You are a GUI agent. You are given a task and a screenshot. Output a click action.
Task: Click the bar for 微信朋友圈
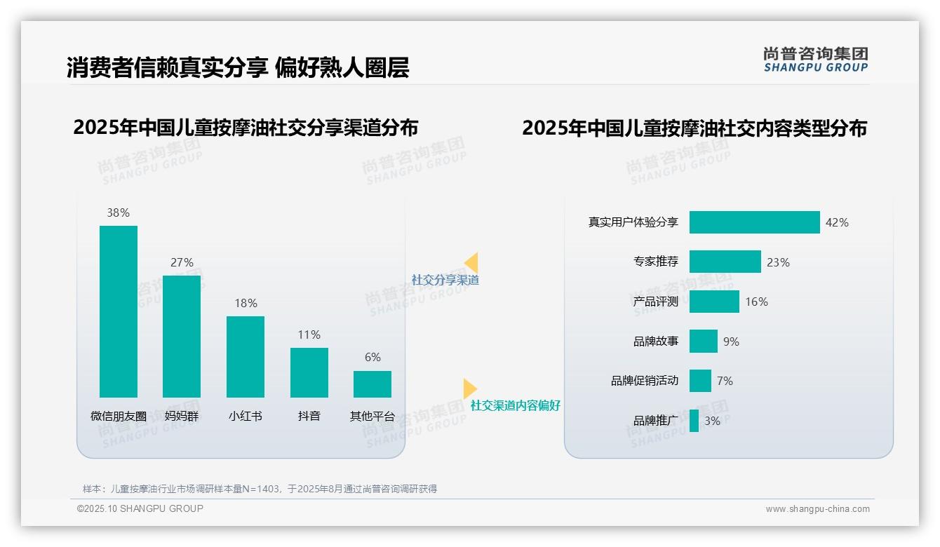pos(119,311)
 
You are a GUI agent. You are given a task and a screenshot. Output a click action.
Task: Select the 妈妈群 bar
pos(182,337)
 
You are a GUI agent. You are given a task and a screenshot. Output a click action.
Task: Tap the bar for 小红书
pos(246,357)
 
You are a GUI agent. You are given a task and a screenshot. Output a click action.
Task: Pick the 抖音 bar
pos(309,372)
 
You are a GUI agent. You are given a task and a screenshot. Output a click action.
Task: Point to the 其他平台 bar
pos(372,384)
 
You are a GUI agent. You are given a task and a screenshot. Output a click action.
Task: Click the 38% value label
pos(119,212)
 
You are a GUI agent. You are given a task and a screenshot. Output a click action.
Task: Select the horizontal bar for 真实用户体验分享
pos(754,222)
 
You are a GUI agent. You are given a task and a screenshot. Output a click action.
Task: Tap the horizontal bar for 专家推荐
pos(725,262)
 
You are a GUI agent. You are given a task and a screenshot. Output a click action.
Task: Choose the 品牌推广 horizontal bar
pos(694,421)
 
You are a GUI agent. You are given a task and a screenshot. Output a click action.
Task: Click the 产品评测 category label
pos(655,302)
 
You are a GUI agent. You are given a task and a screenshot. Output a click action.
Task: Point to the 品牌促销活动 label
pos(644,381)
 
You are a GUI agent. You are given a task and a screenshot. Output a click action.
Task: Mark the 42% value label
pos(837,222)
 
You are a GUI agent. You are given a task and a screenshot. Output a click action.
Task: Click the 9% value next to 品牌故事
pos(731,342)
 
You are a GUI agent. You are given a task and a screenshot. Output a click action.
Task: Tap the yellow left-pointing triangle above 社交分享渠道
pos(471,263)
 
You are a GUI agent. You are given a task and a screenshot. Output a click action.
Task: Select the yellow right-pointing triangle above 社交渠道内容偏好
pos(469,389)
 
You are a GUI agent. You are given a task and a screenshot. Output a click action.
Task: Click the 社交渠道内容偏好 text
pos(515,405)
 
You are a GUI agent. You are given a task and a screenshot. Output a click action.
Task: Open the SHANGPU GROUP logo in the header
pos(815,60)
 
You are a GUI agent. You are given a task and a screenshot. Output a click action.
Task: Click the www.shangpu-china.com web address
pos(817,509)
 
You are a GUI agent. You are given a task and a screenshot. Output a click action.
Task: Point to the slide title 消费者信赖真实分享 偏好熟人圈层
pos(238,67)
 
